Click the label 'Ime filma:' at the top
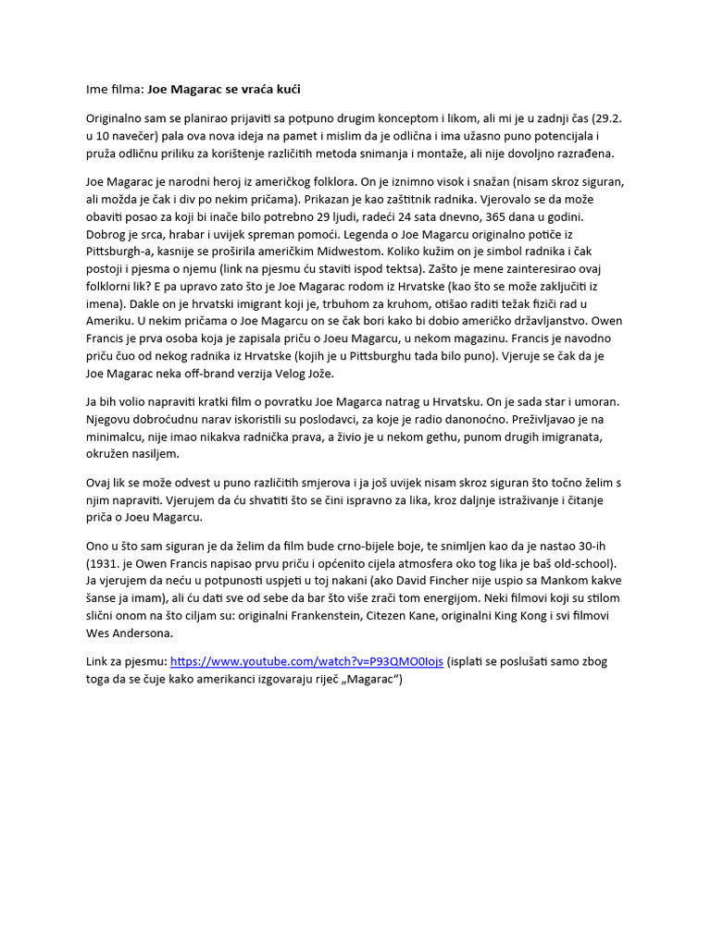115,90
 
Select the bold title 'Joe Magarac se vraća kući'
224,90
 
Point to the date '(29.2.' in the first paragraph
605,119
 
